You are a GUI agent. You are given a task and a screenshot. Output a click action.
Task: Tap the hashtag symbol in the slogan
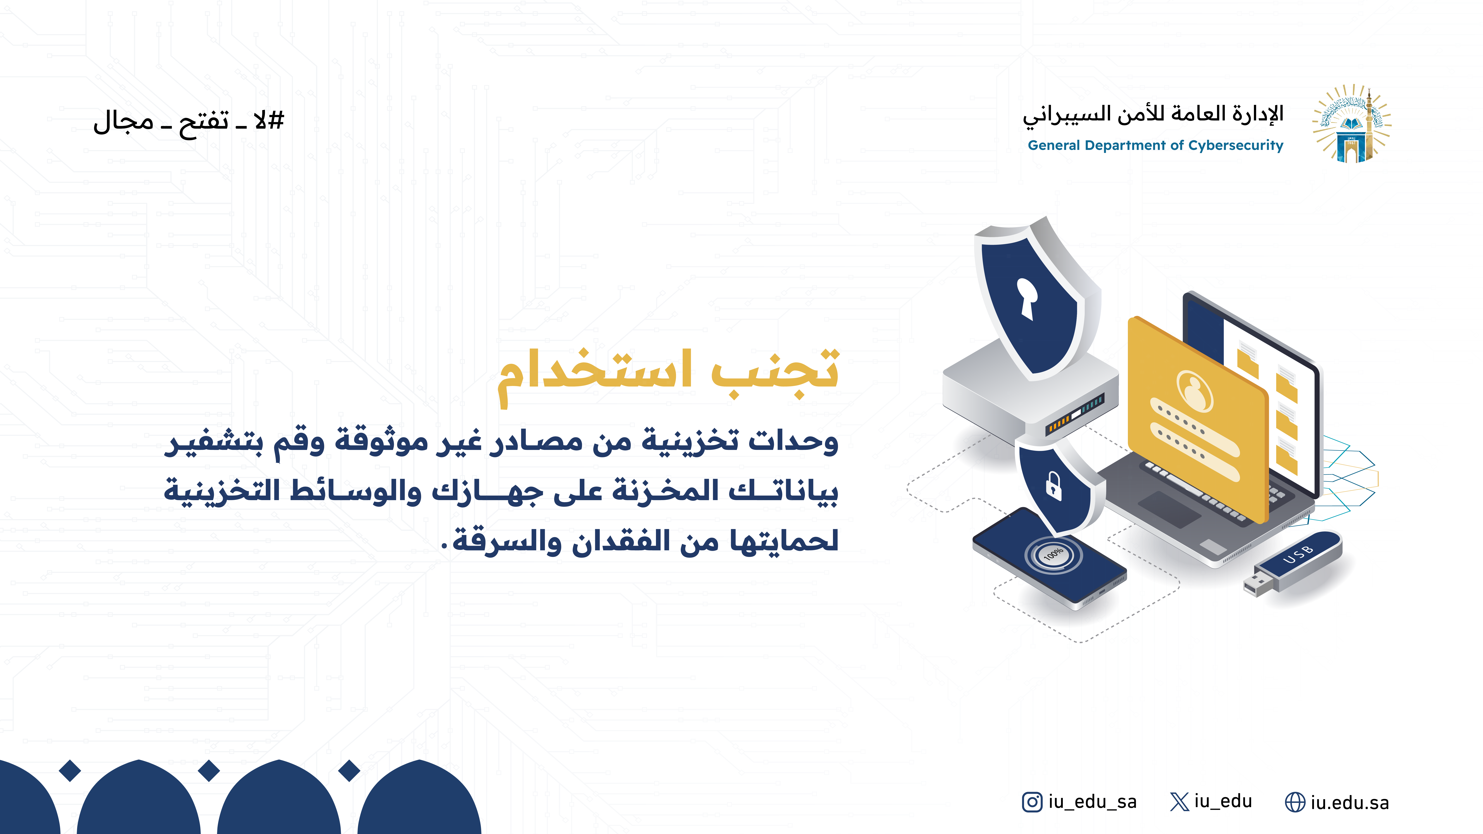[x=276, y=121]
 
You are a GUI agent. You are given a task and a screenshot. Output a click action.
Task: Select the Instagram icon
[x=1032, y=802]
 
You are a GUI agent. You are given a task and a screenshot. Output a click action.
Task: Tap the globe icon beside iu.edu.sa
[x=1295, y=802]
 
